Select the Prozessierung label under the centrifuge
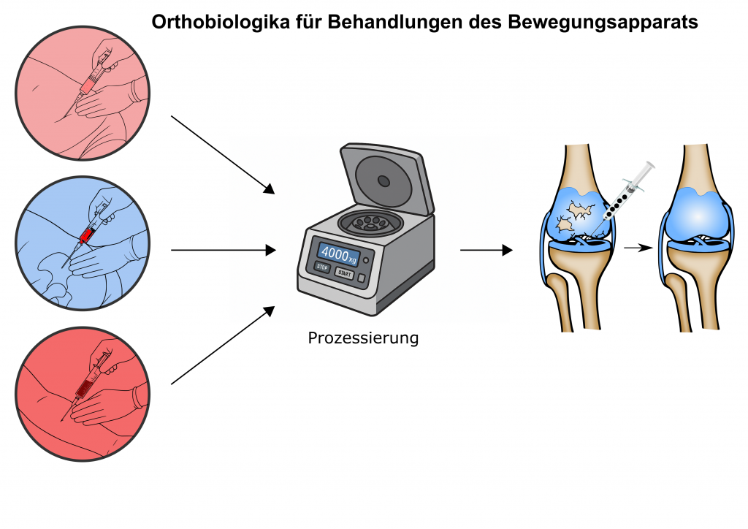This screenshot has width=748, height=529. click(363, 339)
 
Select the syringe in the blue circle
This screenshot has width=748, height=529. click(90, 232)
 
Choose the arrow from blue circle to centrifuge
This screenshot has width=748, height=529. click(223, 250)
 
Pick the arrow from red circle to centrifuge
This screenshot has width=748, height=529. click(222, 346)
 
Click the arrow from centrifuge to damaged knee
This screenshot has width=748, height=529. click(486, 250)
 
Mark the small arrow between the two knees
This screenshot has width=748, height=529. click(638, 248)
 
